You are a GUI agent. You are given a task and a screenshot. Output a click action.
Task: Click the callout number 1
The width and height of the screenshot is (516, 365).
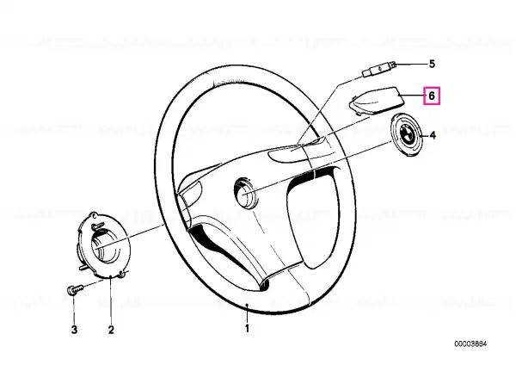247,328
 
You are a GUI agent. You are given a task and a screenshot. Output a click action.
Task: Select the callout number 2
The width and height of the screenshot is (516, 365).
111,330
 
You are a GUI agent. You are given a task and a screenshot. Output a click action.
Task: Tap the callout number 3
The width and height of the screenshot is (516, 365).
74,330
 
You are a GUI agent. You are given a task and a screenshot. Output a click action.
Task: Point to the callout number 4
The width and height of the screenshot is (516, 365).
433,135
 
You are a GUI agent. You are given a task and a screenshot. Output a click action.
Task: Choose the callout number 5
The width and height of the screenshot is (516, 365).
432,64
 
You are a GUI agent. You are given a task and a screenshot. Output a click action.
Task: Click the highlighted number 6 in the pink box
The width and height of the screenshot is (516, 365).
432,96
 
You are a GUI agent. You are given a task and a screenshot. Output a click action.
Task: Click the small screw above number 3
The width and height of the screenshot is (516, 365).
75,289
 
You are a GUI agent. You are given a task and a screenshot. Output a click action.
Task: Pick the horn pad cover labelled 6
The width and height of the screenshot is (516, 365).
376,100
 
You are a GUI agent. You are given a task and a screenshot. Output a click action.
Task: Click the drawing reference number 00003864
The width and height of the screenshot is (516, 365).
470,344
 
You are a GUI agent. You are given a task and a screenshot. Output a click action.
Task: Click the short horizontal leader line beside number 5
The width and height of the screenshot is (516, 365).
410,65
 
